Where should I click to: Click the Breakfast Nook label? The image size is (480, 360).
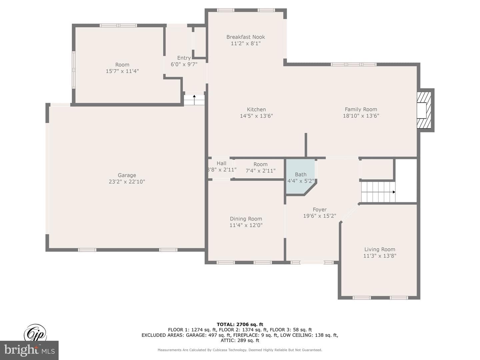click(x=246, y=37)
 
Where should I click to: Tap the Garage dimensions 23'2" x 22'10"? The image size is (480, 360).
click(x=127, y=182)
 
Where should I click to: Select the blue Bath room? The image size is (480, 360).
click(x=300, y=176)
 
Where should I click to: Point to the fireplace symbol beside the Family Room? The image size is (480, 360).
click(x=424, y=110)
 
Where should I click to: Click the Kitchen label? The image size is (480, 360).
click(x=256, y=110)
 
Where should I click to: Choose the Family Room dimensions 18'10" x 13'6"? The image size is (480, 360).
click(x=361, y=116)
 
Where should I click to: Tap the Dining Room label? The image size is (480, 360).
click(x=246, y=219)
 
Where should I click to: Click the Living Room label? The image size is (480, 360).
click(x=380, y=249)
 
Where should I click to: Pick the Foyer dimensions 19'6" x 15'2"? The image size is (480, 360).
click(x=319, y=216)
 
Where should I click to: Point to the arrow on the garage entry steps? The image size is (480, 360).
click(x=194, y=100)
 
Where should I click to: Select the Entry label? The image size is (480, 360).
click(x=184, y=58)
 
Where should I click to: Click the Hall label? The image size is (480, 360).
click(x=221, y=163)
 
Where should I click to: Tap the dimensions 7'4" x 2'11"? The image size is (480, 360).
click(x=260, y=171)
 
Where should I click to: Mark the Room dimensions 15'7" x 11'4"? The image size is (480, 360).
click(x=122, y=71)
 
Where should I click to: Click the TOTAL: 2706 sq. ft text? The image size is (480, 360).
click(x=240, y=324)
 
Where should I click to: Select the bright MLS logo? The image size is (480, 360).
click(x=29, y=350)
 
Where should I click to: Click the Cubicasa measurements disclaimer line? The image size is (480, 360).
click(x=240, y=350)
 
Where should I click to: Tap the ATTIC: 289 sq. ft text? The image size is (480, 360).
click(x=240, y=340)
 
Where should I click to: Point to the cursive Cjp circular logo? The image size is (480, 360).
click(x=35, y=333)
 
